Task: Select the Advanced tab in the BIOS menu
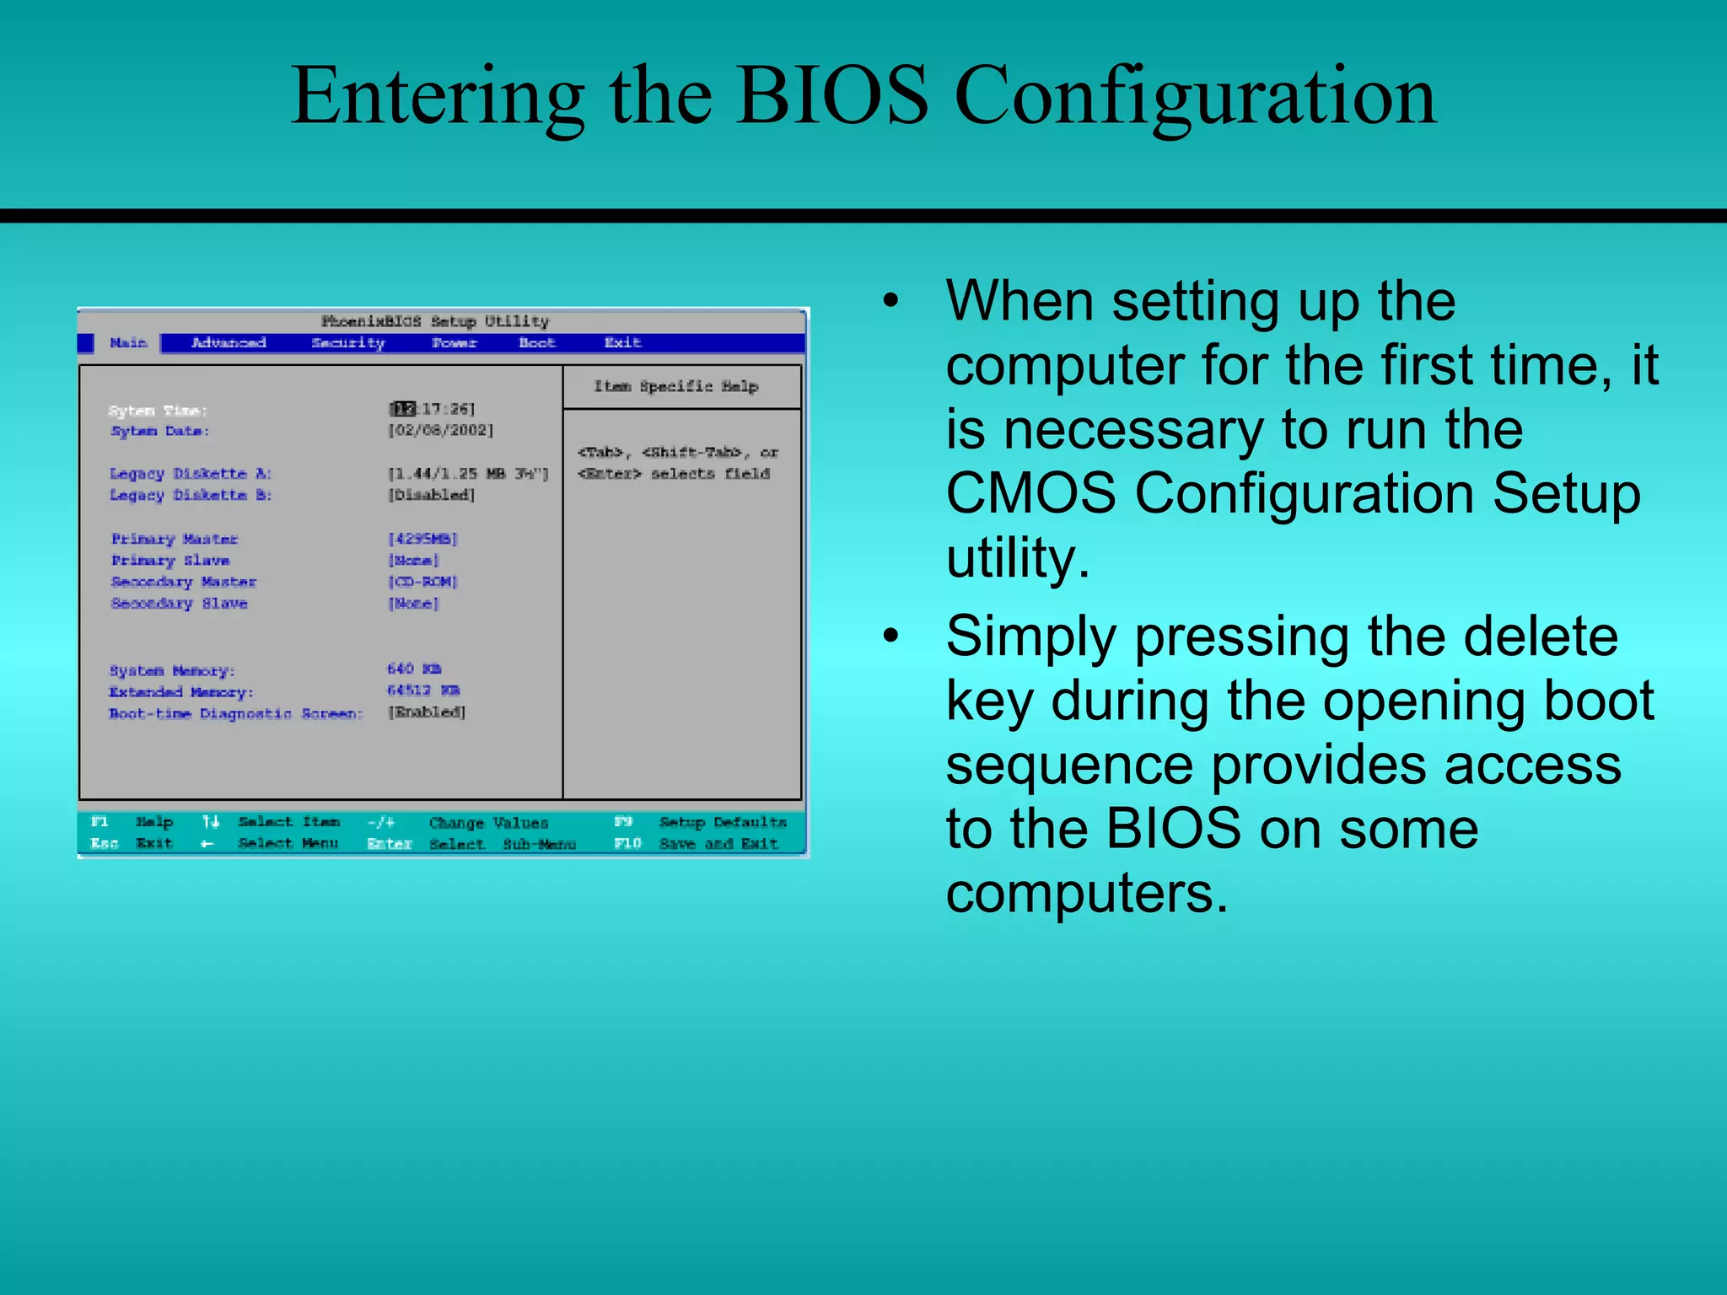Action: [229, 342]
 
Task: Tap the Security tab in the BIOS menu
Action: [347, 342]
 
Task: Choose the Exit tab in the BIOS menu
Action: [622, 342]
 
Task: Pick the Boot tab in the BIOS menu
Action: [536, 342]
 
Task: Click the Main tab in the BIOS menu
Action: [128, 342]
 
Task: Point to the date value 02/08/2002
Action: [440, 430]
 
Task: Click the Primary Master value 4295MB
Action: [422, 539]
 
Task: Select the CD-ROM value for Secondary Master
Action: [422, 582]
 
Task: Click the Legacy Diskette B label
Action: [191, 495]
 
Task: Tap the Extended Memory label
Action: [180, 692]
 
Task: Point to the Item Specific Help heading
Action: [675, 386]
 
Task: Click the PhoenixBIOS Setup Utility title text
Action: [435, 321]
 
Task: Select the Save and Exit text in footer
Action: [718, 843]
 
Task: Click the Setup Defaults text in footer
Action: [722, 822]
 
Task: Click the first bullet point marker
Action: [891, 302]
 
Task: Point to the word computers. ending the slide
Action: [1086, 894]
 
